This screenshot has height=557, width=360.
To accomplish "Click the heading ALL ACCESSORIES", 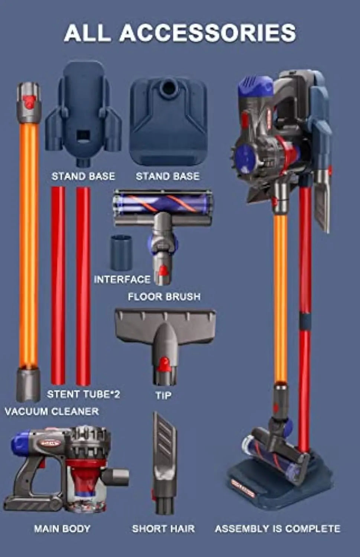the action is [180, 33].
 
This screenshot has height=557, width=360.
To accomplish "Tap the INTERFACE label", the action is [122, 280].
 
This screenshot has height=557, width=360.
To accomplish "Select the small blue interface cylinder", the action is [121, 253].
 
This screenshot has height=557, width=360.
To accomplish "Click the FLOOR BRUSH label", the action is [164, 297].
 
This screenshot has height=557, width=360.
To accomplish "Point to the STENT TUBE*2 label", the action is [83, 394].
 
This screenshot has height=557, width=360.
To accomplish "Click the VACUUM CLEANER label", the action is [52, 411].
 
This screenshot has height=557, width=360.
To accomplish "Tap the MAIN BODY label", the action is [62, 529].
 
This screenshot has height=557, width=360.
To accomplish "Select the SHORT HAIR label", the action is [163, 529].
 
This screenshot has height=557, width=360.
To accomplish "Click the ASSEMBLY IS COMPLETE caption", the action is [278, 529].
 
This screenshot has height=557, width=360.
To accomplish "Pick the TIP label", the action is [163, 395].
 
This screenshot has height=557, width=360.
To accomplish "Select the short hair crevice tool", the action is [164, 463].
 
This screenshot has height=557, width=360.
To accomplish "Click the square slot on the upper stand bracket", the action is [82, 136].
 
